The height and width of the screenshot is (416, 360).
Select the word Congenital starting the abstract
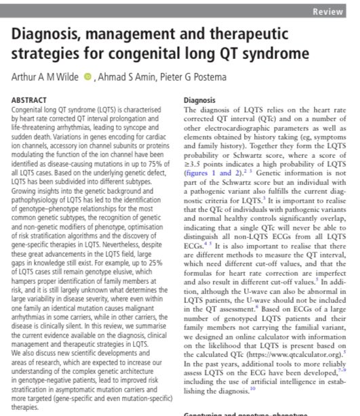(x=31, y=108)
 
